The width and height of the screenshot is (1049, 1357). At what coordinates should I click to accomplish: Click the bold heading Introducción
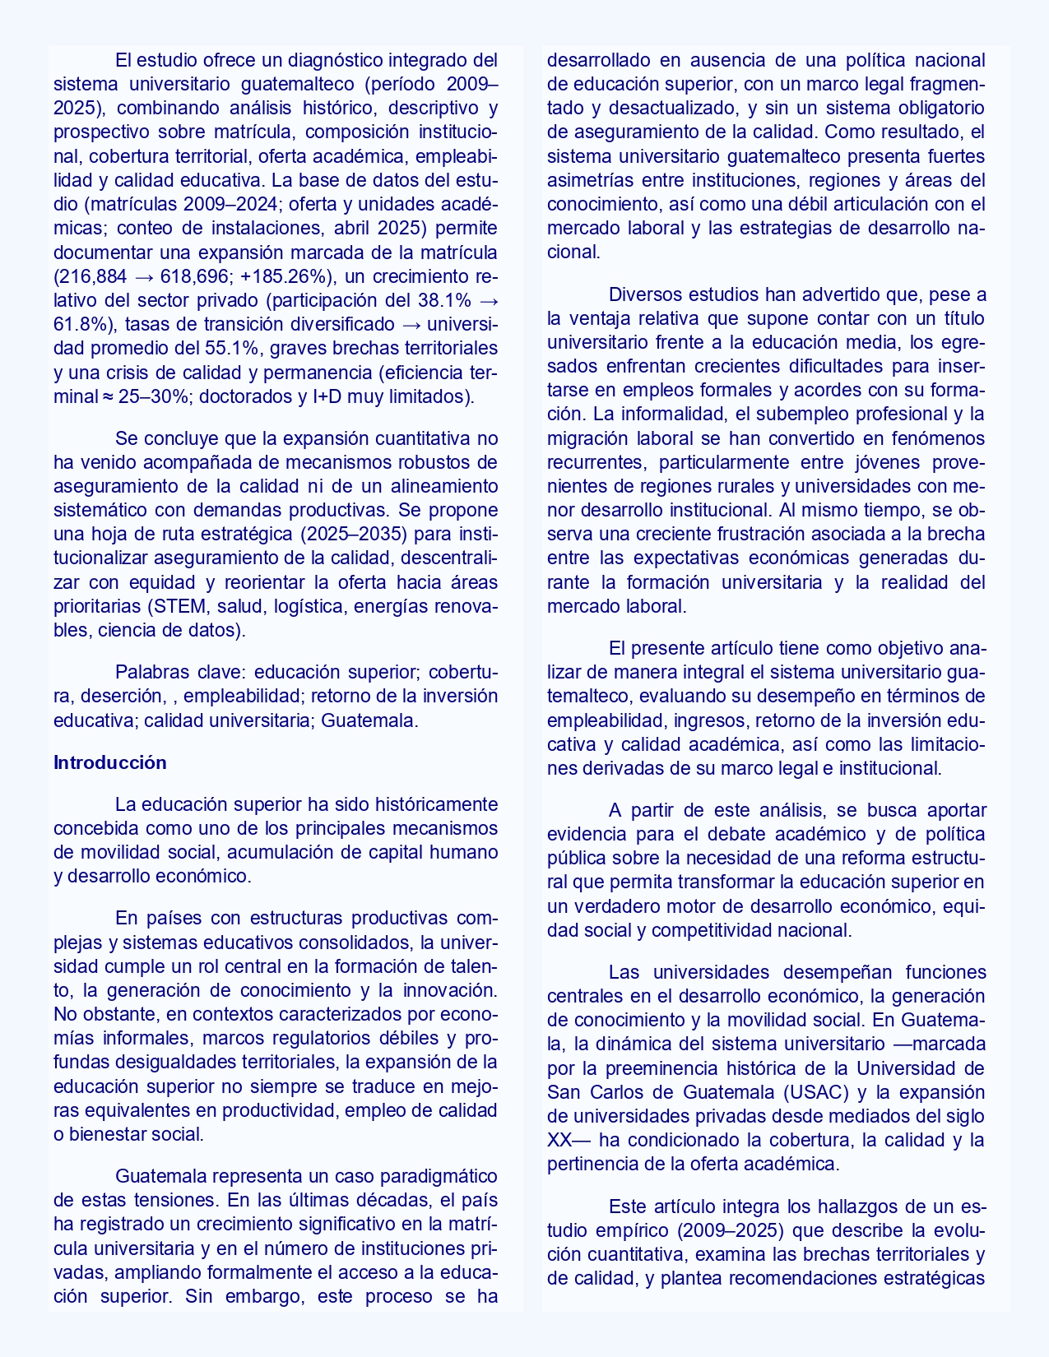pyautogui.click(x=109, y=762)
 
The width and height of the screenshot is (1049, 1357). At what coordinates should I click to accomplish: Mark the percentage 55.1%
pyautogui.click(x=235, y=348)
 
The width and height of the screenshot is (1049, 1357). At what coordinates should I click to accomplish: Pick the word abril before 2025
pyautogui.click(x=355, y=229)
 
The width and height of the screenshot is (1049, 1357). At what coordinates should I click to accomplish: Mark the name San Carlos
pyautogui.click(x=598, y=1093)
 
